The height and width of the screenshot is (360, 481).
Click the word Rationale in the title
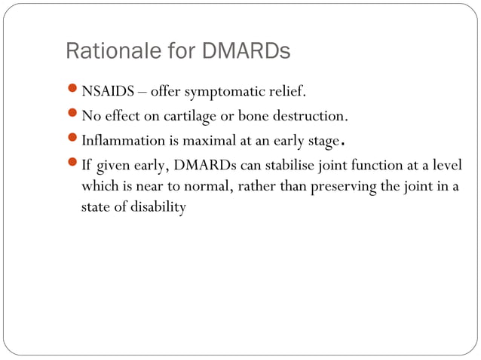pyautogui.click(x=103, y=52)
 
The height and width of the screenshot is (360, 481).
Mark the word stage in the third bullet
pyautogui.click(x=320, y=142)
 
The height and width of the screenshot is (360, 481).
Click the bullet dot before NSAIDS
pyautogui.click(x=73, y=93)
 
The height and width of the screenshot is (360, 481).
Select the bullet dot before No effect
pyautogui.click(x=73, y=117)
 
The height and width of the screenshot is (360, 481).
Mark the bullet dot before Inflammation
pyautogui.click(x=73, y=141)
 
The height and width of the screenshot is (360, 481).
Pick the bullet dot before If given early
pyautogui.click(x=73, y=165)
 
